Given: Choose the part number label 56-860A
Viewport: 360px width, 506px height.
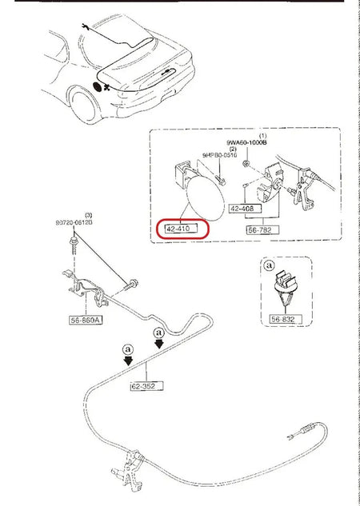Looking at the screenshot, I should pyautogui.click(x=86, y=317).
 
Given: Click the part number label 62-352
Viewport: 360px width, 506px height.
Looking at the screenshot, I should pyautogui.click(x=146, y=386).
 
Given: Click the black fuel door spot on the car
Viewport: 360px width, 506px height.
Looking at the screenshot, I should pyautogui.click(x=98, y=86).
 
